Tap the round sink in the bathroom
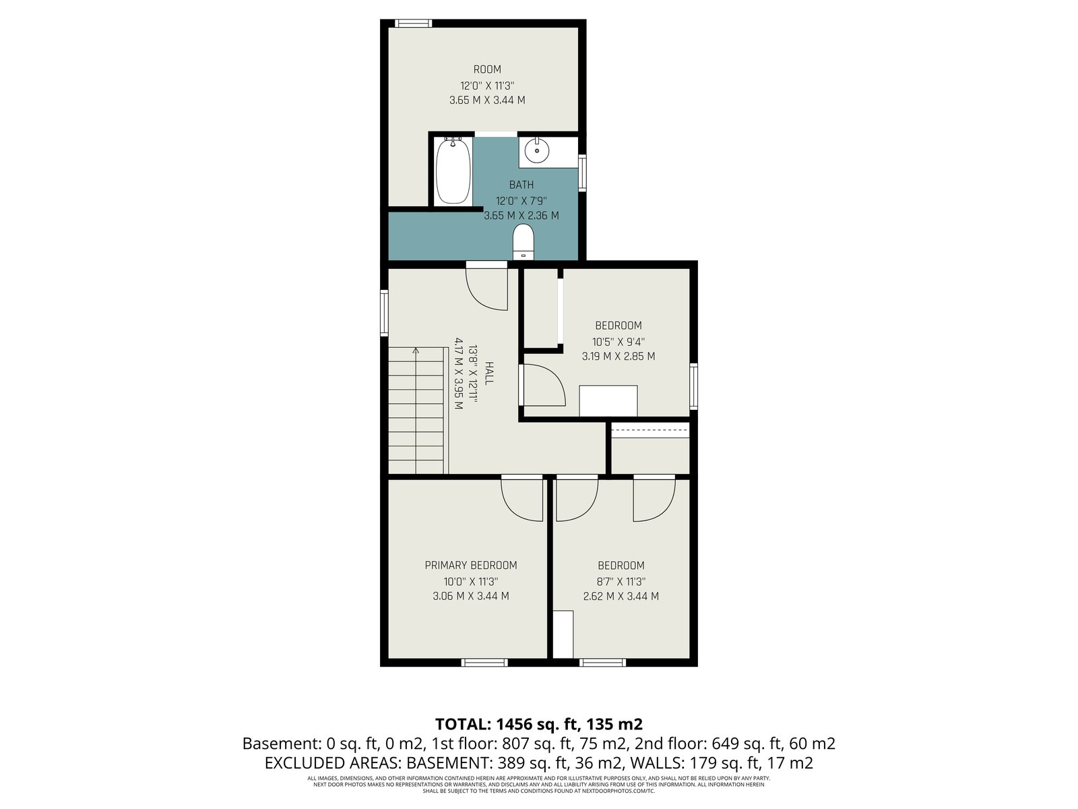tap(536, 150)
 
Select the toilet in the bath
tap(523, 241)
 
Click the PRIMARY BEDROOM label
tap(470, 566)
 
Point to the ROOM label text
tap(487, 69)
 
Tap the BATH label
tap(521, 185)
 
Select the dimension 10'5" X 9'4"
tap(619, 341)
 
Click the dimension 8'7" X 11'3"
tap(621, 582)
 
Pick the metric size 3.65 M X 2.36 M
tap(521, 216)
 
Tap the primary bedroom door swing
tap(522, 499)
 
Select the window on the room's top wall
tap(413, 23)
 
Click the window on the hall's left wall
tap(384, 313)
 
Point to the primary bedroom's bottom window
tap(484, 663)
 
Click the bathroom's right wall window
tap(583, 173)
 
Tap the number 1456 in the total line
tap(513, 725)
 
